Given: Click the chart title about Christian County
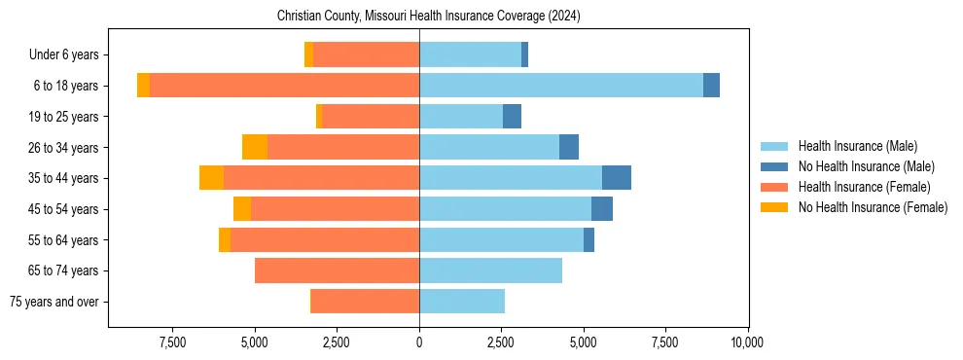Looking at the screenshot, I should click(429, 16).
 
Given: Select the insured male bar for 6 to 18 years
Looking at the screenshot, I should click(561, 86).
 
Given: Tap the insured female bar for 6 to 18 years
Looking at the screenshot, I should click(284, 86).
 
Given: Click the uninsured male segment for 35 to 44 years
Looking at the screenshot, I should click(617, 178).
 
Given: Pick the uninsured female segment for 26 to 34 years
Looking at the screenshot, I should click(255, 147).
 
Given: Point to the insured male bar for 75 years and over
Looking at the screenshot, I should click(462, 302).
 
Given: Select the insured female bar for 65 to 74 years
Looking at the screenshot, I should click(337, 270).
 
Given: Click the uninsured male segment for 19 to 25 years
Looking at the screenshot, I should click(512, 117).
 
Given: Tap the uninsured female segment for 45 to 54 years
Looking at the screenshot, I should click(242, 209).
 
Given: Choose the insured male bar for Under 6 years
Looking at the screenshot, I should click(470, 54).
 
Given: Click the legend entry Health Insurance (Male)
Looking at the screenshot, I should click(857, 146).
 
